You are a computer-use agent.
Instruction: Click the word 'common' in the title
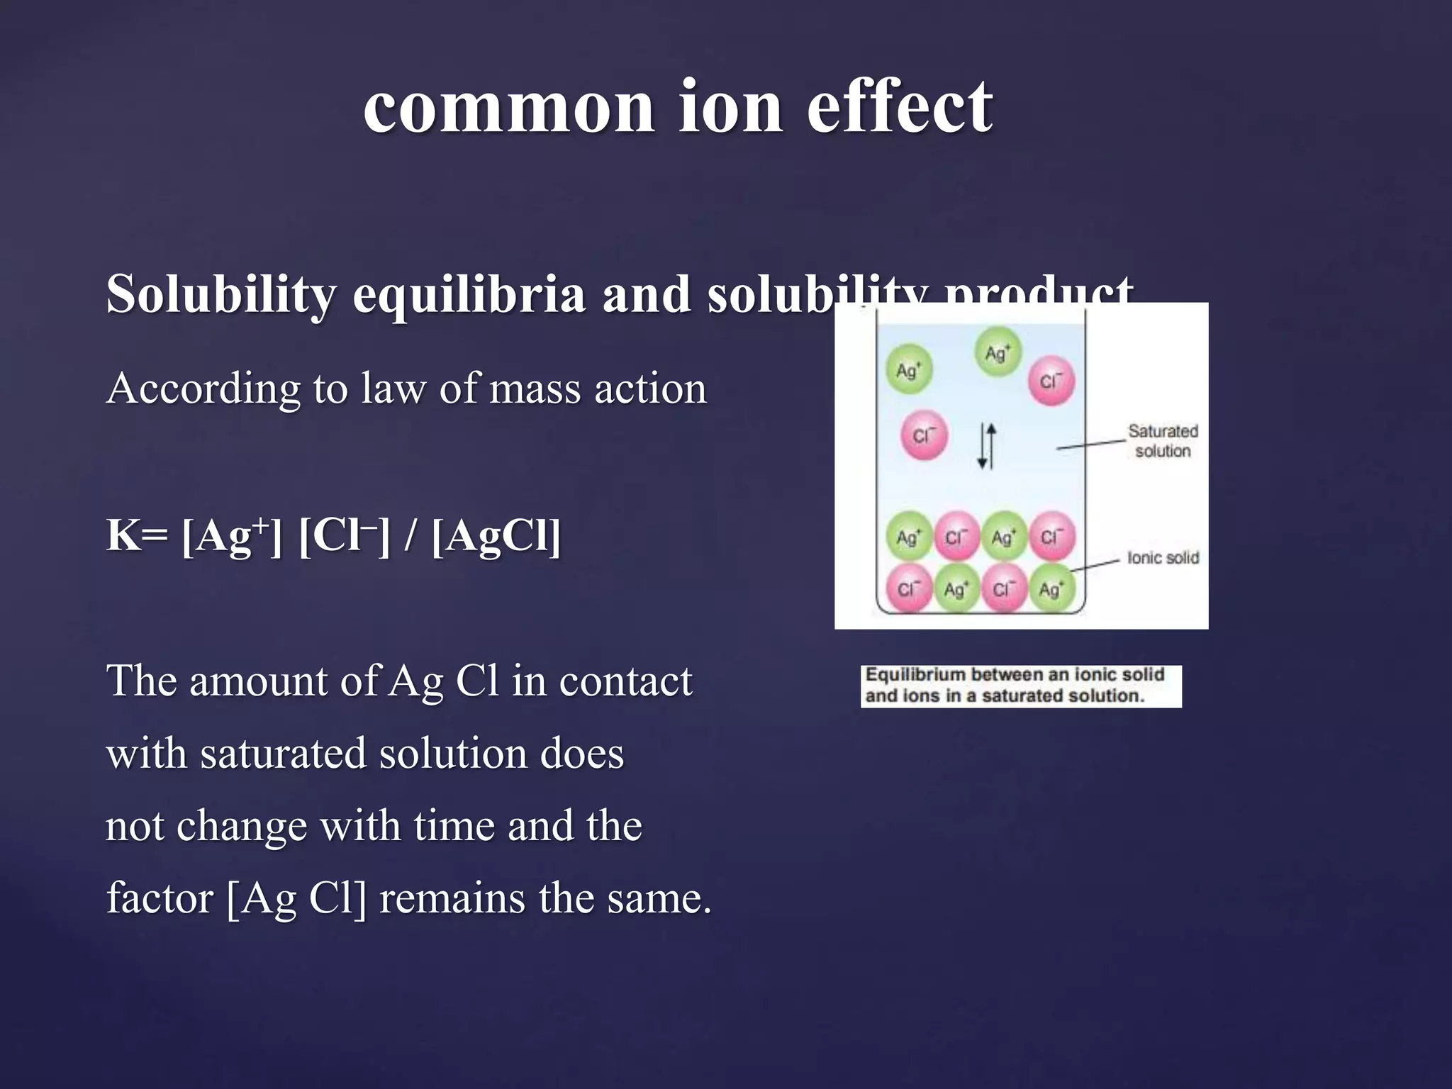(508, 108)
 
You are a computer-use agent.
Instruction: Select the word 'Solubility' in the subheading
(220, 295)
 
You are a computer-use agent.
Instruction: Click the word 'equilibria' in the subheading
(469, 295)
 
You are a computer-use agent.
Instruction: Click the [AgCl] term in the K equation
(496, 535)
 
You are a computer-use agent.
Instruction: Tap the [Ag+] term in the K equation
(232, 535)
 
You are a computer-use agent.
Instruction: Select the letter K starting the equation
(123, 535)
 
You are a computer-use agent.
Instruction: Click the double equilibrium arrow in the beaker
(986, 446)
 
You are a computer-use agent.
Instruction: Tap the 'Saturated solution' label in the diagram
(1162, 441)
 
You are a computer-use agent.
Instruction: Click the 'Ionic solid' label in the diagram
(1163, 558)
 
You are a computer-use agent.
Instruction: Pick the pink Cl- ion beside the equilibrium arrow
(923, 435)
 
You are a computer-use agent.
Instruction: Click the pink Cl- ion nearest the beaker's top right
(1051, 381)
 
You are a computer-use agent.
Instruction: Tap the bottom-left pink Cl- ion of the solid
(908, 588)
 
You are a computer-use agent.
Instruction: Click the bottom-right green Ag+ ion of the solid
(1051, 588)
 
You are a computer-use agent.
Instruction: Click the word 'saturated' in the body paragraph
(282, 754)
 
